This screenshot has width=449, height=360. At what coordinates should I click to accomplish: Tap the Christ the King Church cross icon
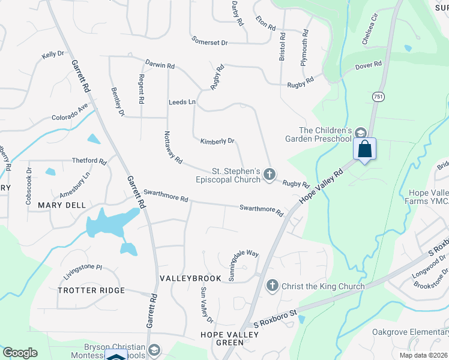(x=272, y=286)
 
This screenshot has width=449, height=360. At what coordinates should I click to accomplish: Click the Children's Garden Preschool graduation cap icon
(x=360, y=133)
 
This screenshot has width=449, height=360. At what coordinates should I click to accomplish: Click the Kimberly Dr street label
(x=217, y=141)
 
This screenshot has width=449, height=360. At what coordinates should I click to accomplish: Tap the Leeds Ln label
(x=182, y=103)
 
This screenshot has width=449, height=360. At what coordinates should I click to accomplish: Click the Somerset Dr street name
(x=210, y=43)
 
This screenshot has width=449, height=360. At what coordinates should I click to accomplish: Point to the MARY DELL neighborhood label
(x=62, y=205)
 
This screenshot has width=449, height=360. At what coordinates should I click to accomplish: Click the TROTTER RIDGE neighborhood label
(x=91, y=290)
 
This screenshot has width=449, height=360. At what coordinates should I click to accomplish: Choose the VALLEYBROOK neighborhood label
(x=184, y=280)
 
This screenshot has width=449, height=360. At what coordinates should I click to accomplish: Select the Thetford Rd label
(x=89, y=161)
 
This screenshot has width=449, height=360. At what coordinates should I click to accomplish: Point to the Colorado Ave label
(x=70, y=112)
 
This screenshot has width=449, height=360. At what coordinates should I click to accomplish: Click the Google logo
(x=20, y=353)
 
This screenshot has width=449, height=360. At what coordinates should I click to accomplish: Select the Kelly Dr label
(x=53, y=55)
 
